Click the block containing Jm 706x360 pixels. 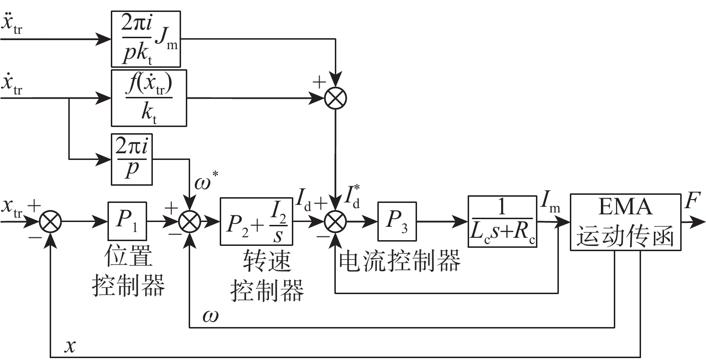(x=146, y=39)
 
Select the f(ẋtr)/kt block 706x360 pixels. (x=149, y=98)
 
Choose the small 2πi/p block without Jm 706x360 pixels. (x=131, y=159)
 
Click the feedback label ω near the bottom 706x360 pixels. (x=211, y=316)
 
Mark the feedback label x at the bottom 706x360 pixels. (x=71, y=345)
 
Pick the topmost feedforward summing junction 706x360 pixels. (x=336, y=98)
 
